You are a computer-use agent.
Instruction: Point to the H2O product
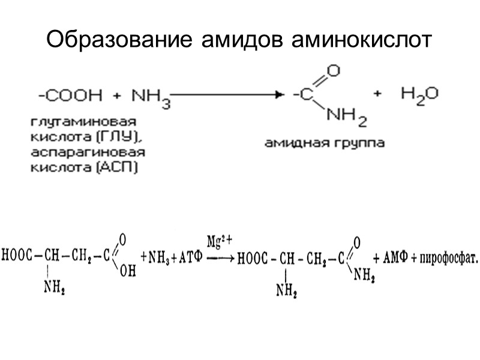point(419,94)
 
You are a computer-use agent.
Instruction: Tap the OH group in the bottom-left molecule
point(128,272)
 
